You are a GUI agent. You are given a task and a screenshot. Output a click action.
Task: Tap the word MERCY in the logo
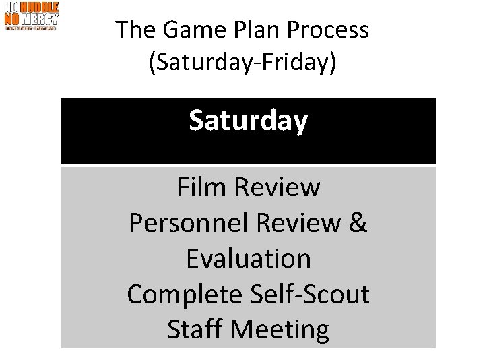[41, 18]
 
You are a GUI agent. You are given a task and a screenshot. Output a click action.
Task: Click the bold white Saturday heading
[248, 121]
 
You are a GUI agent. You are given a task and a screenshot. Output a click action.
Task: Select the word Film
[203, 187]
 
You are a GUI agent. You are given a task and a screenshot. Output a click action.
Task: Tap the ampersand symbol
[358, 223]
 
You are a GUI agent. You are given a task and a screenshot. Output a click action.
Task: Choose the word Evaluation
[248, 259]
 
